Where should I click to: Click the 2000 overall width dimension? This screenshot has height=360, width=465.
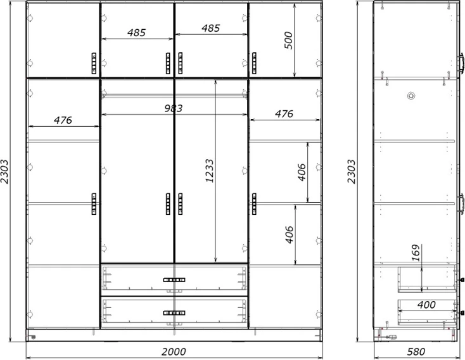tap(174, 352)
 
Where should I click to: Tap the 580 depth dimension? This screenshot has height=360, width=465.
tap(416, 352)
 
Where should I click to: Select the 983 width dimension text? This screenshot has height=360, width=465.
tap(174, 108)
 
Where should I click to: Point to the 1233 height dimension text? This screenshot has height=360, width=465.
tap(209, 171)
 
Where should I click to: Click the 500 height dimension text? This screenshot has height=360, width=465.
tap(288, 41)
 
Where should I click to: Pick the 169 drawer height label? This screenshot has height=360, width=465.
tap(416, 253)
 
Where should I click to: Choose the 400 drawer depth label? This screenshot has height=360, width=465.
tap(426, 305)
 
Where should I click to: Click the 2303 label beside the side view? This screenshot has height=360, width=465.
tap(351, 172)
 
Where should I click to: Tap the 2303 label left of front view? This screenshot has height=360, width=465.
tap(4, 172)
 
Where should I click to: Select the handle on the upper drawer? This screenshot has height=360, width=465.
tap(174, 280)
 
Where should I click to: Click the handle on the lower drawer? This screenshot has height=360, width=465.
tap(174, 313)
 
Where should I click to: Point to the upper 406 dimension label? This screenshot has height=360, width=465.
tap(302, 172)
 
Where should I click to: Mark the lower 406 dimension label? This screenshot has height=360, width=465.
tap(290, 235)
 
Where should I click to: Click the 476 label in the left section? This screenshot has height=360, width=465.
tap(63, 120)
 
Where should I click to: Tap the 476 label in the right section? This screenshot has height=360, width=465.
tap(284, 113)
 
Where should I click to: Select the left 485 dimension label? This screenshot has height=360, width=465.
tap(137, 32)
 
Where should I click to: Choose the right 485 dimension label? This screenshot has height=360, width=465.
tap(211, 28)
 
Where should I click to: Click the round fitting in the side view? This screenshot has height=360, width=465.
tap(411, 96)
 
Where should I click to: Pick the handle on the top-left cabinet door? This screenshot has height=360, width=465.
tap(94, 63)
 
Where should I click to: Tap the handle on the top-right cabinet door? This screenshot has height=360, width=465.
tap(254, 63)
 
